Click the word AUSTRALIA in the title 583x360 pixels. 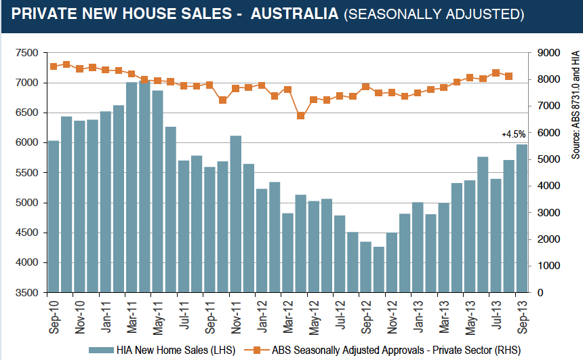click(x=294, y=14)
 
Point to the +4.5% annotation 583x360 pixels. click(x=513, y=134)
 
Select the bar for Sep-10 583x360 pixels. click(x=54, y=216)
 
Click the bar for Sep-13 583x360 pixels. click(x=522, y=218)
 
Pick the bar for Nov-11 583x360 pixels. click(x=236, y=214)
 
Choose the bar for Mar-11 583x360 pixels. click(x=132, y=187)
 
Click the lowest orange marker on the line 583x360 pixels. click(x=301, y=116)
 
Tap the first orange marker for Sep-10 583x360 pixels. click(x=54, y=66)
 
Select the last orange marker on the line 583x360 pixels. click(x=509, y=76)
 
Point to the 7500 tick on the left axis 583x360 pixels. click(x=27, y=53)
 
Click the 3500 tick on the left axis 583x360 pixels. click(x=27, y=293)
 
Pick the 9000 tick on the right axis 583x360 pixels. click(x=549, y=53)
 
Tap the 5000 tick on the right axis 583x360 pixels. click(x=549, y=159)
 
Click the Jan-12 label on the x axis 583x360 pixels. click(x=262, y=317)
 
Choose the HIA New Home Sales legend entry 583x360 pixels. click(x=162, y=350)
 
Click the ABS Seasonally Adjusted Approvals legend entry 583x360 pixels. click(x=382, y=350)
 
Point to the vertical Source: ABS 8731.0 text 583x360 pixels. click(x=576, y=105)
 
